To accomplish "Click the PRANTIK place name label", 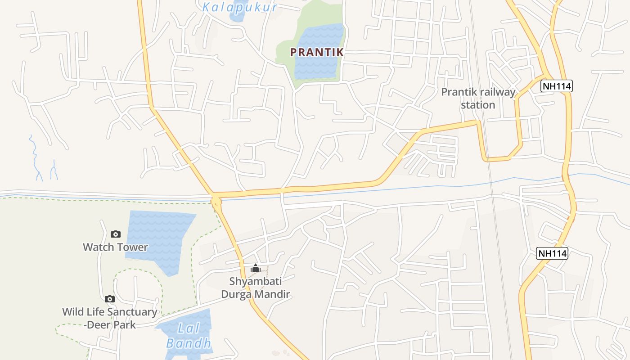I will click(x=317, y=52).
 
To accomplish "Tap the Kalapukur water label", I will click(x=239, y=7).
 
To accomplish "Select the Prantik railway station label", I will click(x=478, y=99).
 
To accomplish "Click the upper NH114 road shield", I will click(x=556, y=86).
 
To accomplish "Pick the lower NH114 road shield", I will click(x=552, y=253).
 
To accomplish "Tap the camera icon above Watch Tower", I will click(x=116, y=234).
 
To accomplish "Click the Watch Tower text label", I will click(x=115, y=247).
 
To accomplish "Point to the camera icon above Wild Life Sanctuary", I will click(x=109, y=299).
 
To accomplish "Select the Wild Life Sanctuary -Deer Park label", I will click(x=109, y=318).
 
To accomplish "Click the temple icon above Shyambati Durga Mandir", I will click(x=256, y=269).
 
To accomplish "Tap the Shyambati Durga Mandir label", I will click(x=256, y=288).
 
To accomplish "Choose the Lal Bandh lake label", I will click(x=189, y=336).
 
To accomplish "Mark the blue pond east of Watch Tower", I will click(x=157, y=238).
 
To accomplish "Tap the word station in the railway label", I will click(x=478, y=105).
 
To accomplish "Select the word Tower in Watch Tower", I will click(x=133, y=247).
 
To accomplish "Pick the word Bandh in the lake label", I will click(x=189, y=343).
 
